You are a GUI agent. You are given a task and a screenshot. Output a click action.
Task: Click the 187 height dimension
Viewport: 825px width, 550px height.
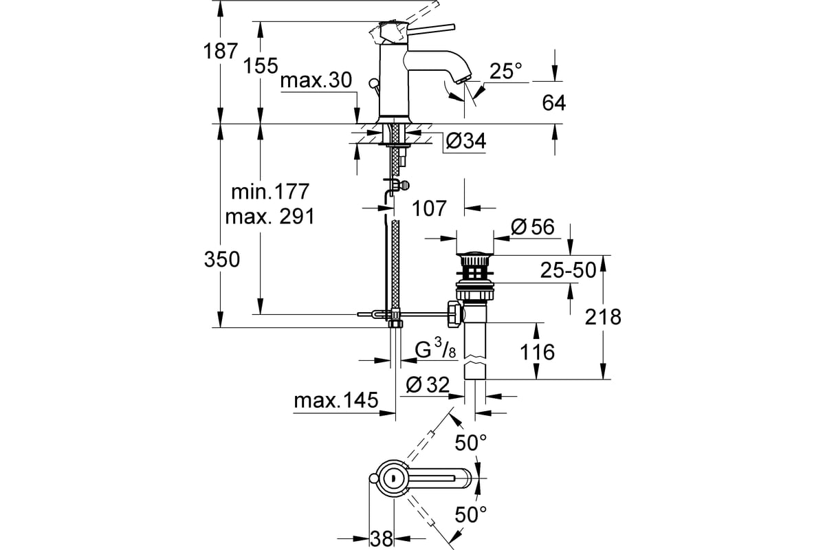pyautogui.click(x=221, y=51)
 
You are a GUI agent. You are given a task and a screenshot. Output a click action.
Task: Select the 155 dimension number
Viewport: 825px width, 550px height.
pyautogui.click(x=261, y=66)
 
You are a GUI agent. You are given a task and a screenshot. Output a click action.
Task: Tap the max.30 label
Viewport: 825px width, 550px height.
pyautogui.click(x=316, y=80)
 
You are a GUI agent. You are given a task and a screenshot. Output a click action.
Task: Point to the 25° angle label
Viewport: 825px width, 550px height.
pyautogui.click(x=506, y=71)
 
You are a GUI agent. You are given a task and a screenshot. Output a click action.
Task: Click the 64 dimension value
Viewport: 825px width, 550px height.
pyautogui.click(x=553, y=102)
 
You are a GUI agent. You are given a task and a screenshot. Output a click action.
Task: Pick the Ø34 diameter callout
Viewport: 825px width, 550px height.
pyautogui.click(x=466, y=141)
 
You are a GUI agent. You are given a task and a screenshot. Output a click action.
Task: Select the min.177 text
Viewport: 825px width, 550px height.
pyautogui.click(x=270, y=192)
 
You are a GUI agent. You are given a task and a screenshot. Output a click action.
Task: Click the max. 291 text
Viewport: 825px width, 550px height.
pyautogui.click(x=270, y=217)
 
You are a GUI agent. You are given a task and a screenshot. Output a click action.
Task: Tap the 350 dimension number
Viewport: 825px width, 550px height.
pyautogui.click(x=221, y=259)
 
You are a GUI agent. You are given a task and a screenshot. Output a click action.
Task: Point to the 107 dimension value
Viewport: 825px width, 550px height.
pyautogui.click(x=429, y=208)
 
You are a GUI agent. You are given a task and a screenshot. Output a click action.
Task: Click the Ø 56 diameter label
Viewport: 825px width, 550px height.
pyautogui.click(x=533, y=227)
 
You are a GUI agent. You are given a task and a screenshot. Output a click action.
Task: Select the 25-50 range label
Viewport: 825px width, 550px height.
pyautogui.click(x=568, y=270)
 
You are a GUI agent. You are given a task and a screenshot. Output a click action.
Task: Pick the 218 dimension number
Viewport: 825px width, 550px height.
pyautogui.click(x=603, y=317)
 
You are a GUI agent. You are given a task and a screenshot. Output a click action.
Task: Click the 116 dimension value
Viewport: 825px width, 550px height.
pyautogui.click(x=537, y=352)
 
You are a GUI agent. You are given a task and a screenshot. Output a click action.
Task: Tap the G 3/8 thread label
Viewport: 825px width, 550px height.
pyautogui.click(x=435, y=349)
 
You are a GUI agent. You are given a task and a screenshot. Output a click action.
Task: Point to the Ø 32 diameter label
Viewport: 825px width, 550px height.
pyautogui.click(x=428, y=385)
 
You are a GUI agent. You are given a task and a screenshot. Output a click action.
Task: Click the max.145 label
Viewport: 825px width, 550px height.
pyautogui.click(x=336, y=400)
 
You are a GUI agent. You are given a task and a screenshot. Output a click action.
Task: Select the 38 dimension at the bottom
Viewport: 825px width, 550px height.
pyautogui.click(x=382, y=539)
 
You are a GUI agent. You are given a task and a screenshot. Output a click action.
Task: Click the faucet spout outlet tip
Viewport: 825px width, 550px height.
pyautogui.click(x=464, y=79)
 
